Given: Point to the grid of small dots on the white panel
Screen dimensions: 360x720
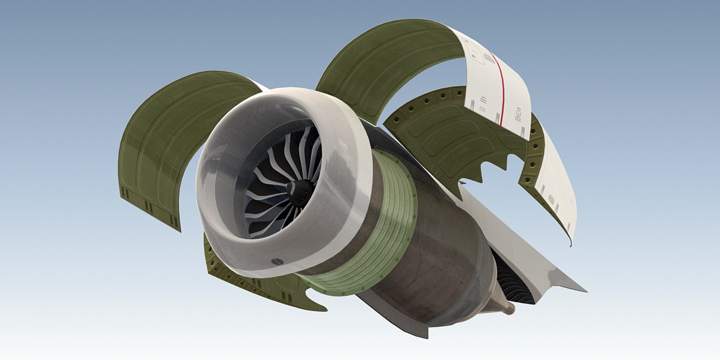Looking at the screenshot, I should pos(482,109).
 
